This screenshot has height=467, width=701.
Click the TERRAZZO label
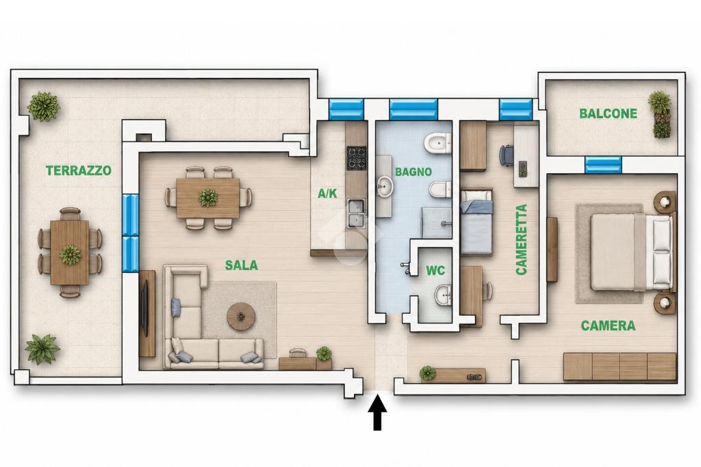coord(79,170)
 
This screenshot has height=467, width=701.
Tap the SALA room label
coord(242,265)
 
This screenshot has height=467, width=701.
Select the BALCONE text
coord(608,114)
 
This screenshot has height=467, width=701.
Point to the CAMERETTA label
coord(521,239)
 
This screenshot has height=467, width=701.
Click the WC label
coord(435,271)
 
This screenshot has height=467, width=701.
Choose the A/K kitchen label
coord(327,194)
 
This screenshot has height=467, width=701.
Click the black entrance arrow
coord(378,411)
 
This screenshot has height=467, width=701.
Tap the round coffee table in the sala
coord(242,317)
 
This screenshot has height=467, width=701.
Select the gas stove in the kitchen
coord(357,158)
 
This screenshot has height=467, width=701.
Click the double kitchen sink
coord(356,214)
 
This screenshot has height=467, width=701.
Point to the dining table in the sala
coord(207,198)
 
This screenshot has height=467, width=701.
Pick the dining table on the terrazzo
coord(70,253)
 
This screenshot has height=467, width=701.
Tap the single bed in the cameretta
coord(476,222)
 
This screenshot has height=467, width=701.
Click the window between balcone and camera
coord(603,165)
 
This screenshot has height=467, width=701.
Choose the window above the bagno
coord(413,109)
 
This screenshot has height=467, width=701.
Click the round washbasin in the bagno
coord(384,186)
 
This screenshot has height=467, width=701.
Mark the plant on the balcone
coord(660,115)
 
